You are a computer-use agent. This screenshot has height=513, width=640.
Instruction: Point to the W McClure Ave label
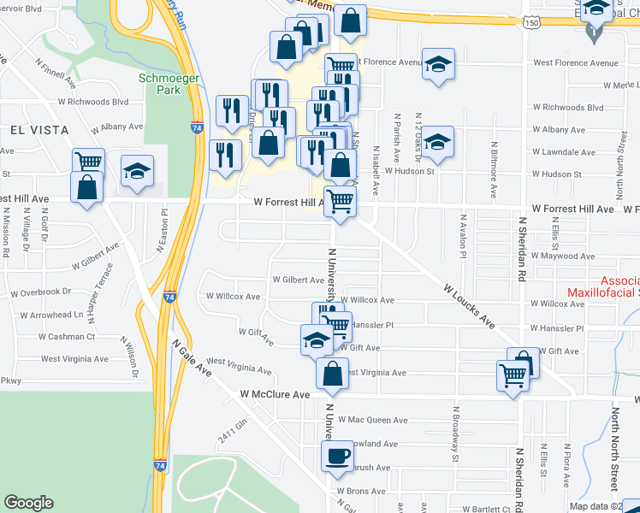[x=275, y=395]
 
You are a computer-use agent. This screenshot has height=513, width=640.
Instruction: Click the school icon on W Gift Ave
[x=317, y=339]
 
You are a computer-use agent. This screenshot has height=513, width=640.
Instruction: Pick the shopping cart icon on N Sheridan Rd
[x=513, y=374]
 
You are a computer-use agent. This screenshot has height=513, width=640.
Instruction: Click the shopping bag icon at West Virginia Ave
[x=332, y=373]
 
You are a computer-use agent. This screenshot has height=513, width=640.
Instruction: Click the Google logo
[x=28, y=503]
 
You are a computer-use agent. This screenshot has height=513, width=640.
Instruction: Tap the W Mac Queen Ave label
[x=372, y=420]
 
